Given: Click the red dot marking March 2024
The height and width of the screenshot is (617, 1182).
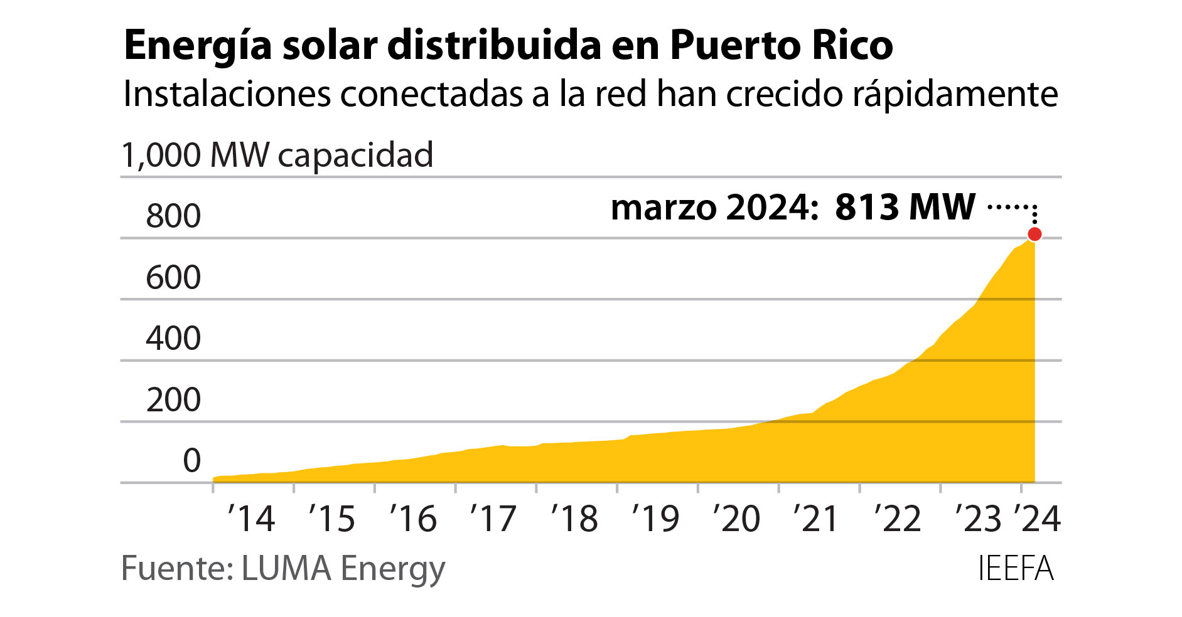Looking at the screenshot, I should pyautogui.click(x=1034, y=235).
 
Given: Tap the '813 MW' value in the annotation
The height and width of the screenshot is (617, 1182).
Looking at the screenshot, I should pyautogui.click(x=905, y=207).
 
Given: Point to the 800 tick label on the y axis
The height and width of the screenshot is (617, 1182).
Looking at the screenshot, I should pyautogui.click(x=173, y=216).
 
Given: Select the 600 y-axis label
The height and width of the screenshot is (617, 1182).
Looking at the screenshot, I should pyautogui.click(x=173, y=278).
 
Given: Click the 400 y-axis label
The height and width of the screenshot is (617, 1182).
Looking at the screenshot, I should pyautogui.click(x=173, y=339).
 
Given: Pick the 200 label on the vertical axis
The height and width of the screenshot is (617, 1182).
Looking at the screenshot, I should pyautogui.click(x=173, y=400).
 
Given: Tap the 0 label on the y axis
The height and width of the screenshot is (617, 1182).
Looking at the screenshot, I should pyautogui.click(x=191, y=461).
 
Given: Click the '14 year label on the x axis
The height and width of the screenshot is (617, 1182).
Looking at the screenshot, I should pyautogui.click(x=251, y=519).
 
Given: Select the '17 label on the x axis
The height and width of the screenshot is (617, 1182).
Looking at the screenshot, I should pyautogui.click(x=493, y=519).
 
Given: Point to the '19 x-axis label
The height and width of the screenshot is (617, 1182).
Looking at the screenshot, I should pyautogui.click(x=655, y=519).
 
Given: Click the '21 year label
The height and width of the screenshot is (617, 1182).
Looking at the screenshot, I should pyautogui.click(x=816, y=519).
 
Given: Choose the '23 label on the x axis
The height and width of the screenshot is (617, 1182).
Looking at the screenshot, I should pyautogui.click(x=978, y=519).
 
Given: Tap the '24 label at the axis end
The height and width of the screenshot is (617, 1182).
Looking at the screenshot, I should pyautogui.click(x=1037, y=519).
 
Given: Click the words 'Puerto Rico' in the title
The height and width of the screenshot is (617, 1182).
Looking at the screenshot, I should pyautogui.click(x=782, y=45).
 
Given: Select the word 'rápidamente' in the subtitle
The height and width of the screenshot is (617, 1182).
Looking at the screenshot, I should pyautogui.click(x=955, y=95).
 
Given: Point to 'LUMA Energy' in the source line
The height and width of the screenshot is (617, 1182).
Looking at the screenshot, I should pyautogui.click(x=343, y=569).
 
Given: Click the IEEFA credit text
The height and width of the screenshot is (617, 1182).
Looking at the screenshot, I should pyautogui.click(x=1015, y=569).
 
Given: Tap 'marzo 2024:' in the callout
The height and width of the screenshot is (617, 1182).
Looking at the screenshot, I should pyautogui.click(x=714, y=208).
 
